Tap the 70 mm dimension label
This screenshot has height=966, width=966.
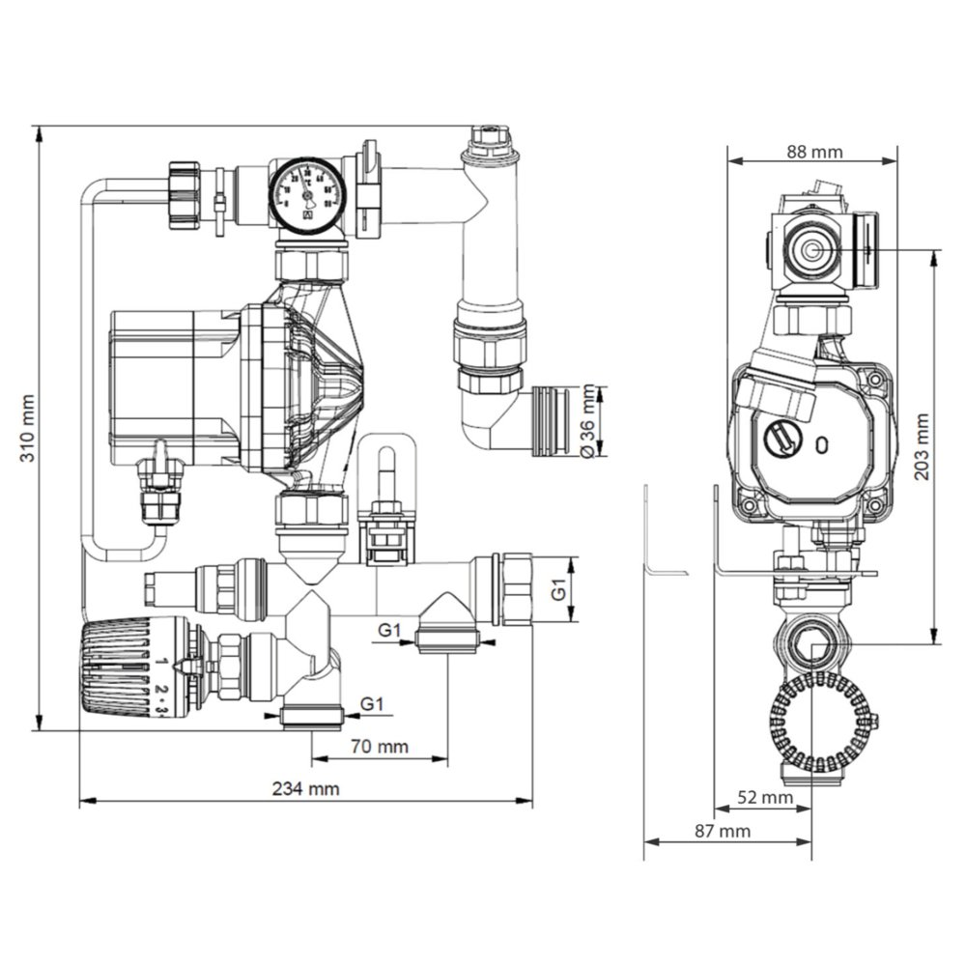(x=380, y=747)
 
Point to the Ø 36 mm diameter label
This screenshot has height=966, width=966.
(x=585, y=422)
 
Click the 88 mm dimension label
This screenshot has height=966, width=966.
(x=813, y=152)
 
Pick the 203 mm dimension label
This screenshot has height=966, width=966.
(x=923, y=446)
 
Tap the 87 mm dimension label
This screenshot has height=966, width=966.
(x=724, y=831)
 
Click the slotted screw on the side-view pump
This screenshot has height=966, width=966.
(x=781, y=438)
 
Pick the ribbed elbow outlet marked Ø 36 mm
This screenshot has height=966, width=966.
(x=552, y=419)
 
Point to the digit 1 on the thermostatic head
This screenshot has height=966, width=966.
(x=162, y=662)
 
